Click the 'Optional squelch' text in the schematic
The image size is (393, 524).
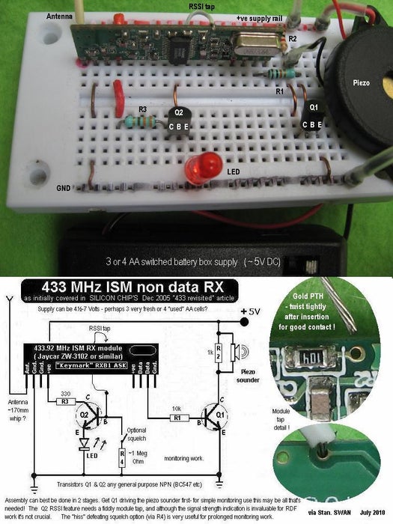[138, 436]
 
